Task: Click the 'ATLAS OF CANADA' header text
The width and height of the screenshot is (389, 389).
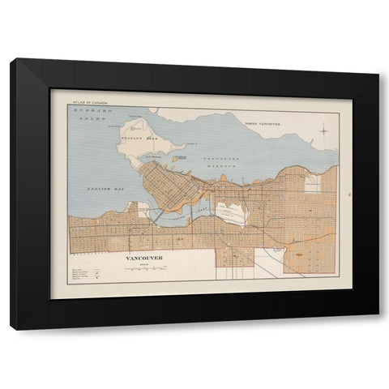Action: coord(88,103)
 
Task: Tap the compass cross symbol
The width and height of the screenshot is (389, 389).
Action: coord(323,130)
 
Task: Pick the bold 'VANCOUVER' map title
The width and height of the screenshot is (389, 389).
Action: coord(144,258)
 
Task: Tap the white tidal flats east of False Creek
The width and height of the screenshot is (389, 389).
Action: coord(233,213)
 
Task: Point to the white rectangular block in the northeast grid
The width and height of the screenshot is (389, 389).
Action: coord(313,182)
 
